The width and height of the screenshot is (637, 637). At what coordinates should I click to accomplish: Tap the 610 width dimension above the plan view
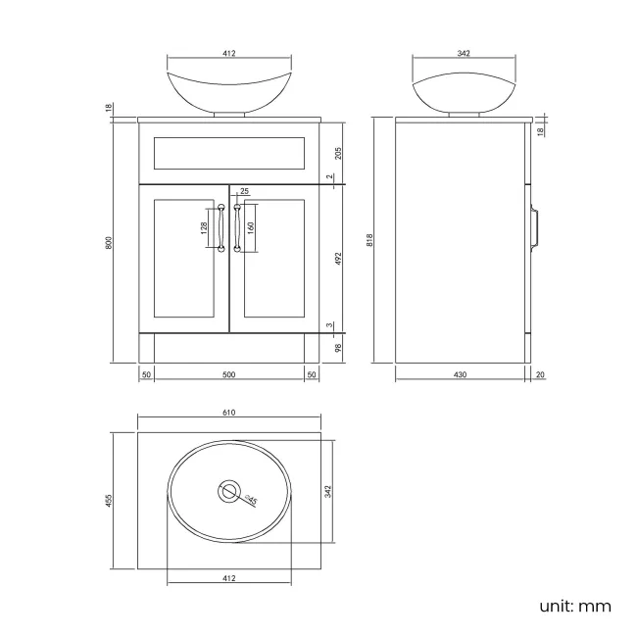(229, 413)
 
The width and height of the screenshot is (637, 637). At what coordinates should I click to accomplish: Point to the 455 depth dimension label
(111, 500)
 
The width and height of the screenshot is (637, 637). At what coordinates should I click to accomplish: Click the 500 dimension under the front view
(229, 375)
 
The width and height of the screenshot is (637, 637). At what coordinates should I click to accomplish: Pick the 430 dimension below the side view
(460, 375)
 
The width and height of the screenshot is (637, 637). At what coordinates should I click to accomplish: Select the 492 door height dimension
(338, 258)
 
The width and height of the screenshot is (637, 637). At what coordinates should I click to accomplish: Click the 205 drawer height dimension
(338, 152)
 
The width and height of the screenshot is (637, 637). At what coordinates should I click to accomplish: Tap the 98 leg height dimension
(338, 348)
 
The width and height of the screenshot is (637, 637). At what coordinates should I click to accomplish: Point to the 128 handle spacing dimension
(203, 229)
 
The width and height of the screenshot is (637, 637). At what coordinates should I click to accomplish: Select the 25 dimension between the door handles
(243, 191)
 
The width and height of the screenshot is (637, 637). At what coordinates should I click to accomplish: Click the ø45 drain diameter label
(251, 500)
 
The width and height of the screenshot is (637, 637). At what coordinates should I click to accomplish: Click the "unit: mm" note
(574, 607)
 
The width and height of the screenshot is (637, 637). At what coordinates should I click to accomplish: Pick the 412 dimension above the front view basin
(229, 54)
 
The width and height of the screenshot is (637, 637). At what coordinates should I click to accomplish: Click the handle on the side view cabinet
(536, 225)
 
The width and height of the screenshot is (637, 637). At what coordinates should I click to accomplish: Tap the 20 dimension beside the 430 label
(541, 375)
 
